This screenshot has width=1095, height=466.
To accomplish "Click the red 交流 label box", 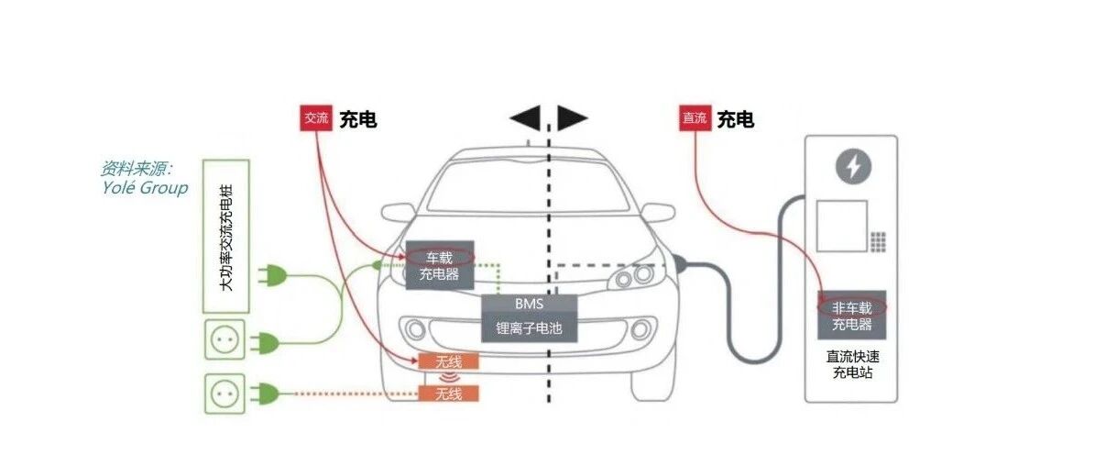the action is coord(316,118).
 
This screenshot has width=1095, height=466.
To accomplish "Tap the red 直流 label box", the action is coord(695,118).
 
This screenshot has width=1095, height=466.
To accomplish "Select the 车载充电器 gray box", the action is coord(440,265).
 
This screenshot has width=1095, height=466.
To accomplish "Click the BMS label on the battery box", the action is coord(530,304).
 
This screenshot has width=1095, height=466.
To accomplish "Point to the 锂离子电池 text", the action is coord(530,328).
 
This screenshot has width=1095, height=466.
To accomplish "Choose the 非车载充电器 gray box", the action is coord(852,315).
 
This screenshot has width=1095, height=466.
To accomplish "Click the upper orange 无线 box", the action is coord(449,361).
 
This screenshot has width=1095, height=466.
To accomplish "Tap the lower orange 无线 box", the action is coord(449,394).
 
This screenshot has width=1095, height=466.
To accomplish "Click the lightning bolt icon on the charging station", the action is coord(853,167).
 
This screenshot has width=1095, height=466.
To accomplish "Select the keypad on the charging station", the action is coord(878,242).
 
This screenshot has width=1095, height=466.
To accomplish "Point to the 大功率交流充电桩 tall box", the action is coord(226,236).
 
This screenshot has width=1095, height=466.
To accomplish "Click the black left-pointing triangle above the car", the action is coord(526,118).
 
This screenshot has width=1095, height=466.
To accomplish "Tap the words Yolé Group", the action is coord(145,187).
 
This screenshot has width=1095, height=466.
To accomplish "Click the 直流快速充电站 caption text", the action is coord(852,364).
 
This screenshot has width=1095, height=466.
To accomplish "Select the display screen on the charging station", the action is coord(841,226).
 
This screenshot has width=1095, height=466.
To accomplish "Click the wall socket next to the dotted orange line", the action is coord(224,394).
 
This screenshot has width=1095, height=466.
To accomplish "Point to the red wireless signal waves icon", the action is coord(448,377).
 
